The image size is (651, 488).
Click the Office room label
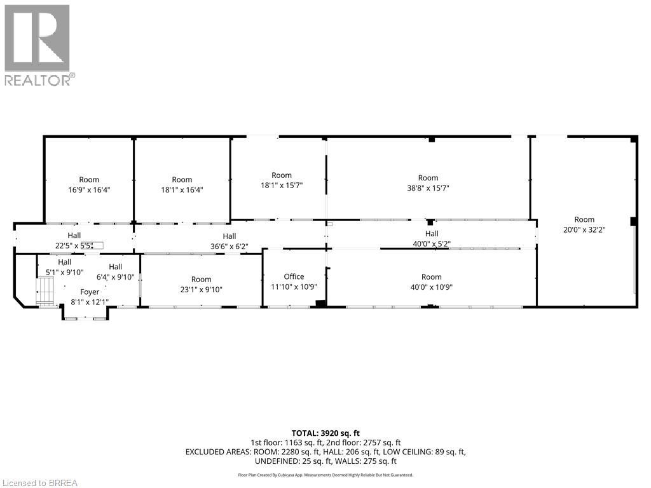tap(294, 276)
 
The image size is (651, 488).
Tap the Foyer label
tap(90, 292)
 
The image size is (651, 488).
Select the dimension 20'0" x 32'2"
tap(584, 230)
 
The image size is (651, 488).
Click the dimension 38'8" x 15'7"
tap(428, 188)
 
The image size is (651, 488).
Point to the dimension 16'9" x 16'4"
tap(89, 189)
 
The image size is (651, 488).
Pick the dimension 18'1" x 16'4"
tap(182, 189)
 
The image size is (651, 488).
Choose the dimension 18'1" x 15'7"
tap(282, 186)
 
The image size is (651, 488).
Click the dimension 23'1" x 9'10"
tap(201, 289)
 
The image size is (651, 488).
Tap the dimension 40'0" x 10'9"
tap(431, 287)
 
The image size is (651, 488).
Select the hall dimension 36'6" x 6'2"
tap(230, 247)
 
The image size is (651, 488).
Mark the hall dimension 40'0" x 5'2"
tap(432, 244)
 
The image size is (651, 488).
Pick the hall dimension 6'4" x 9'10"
tap(115, 277)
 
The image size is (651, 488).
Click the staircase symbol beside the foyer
tap(46, 294)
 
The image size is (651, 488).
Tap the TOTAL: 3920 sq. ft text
tap(325, 433)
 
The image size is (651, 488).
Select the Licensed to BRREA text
tap(39, 483)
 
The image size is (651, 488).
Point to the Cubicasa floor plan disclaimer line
tap(325, 475)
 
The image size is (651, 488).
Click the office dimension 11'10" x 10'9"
tap(294, 287)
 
